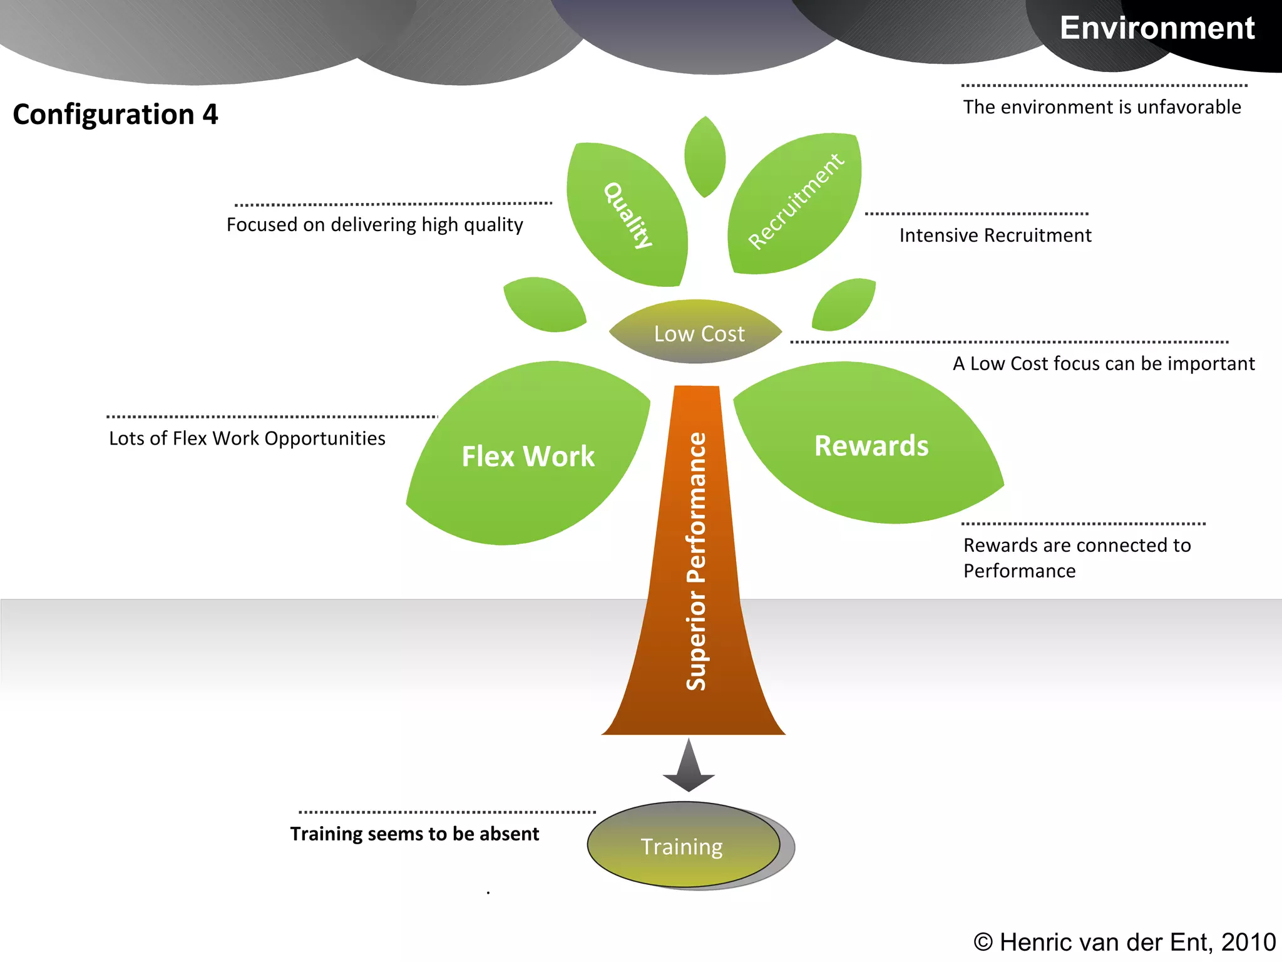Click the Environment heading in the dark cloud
tap(1157, 28)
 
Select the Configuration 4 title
tap(115, 114)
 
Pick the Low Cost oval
tap(699, 333)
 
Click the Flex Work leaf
tap(528, 456)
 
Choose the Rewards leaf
tap(871, 446)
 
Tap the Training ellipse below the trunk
tap(682, 846)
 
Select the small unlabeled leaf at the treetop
tap(705, 157)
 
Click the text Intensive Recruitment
tap(995, 235)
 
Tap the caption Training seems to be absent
tap(414, 834)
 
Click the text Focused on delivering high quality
tap(374, 225)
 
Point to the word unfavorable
tap(1188, 107)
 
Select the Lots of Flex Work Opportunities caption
tap(247, 438)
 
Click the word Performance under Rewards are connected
tap(1019, 571)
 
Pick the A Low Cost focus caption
tap(1103, 364)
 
